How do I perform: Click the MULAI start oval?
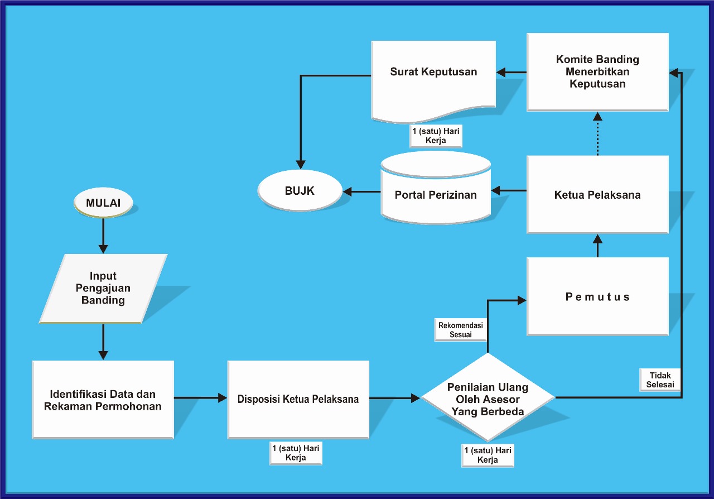pyautogui.click(x=103, y=203)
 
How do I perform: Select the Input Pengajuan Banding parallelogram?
pyautogui.click(x=103, y=288)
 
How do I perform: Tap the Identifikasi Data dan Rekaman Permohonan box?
pyautogui.click(x=103, y=399)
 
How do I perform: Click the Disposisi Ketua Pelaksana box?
pyautogui.click(x=298, y=399)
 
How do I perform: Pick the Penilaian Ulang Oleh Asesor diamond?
pyautogui.click(x=488, y=399)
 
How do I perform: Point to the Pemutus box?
pyautogui.click(x=597, y=296)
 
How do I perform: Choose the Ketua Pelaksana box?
pyautogui.click(x=597, y=194)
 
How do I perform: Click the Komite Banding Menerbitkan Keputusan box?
pyautogui.click(x=597, y=71)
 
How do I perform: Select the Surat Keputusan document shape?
pyautogui.click(x=433, y=78)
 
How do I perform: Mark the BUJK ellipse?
pyautogui.click(x=300, y=190)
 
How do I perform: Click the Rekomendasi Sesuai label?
pyautogui.click(x=460, y=330)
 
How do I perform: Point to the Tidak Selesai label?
pyautogui.click(x=660, y=380)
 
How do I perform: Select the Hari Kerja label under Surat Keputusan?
pyautogui.click(x=436, y=136)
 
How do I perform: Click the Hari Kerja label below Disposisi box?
pyautogui.click(x=295, y=453)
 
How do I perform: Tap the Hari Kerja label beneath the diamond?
pyautogui.click(x=488, y=455)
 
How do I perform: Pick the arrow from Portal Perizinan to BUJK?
pyautogui.click(x=361, y=191)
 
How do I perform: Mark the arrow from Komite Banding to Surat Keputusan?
pyautogui.click(x=512, y=72)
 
